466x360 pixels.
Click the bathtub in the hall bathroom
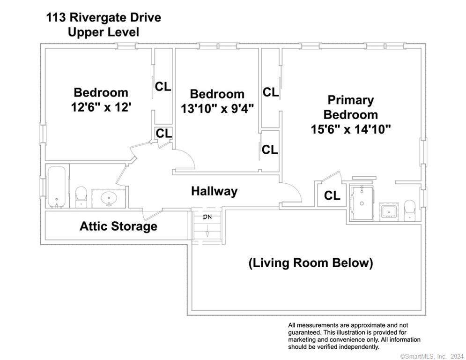(x=57, y=187)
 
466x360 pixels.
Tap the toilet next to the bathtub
(x=81, y=196)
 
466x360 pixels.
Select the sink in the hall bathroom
(x=109, y=198)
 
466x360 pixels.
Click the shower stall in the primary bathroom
(x=362, y=202)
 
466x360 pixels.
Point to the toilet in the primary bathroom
(x=410, y=210)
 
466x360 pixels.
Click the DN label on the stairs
(x=207, y=217)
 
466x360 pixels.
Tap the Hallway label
(x=214, y=191)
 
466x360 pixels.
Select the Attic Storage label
(x=118, y=227)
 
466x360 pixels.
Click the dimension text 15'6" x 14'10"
(x=351, y=129)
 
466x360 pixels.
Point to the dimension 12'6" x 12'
(x=101, y=107)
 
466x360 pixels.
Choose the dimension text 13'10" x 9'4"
(x=217, y=108)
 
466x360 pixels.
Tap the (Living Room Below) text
(x=311, y=262)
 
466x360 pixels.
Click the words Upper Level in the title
(x=103, y=32)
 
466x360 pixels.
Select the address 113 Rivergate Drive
(x=103, y=18)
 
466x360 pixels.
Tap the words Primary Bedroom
(x=350, y=107)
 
